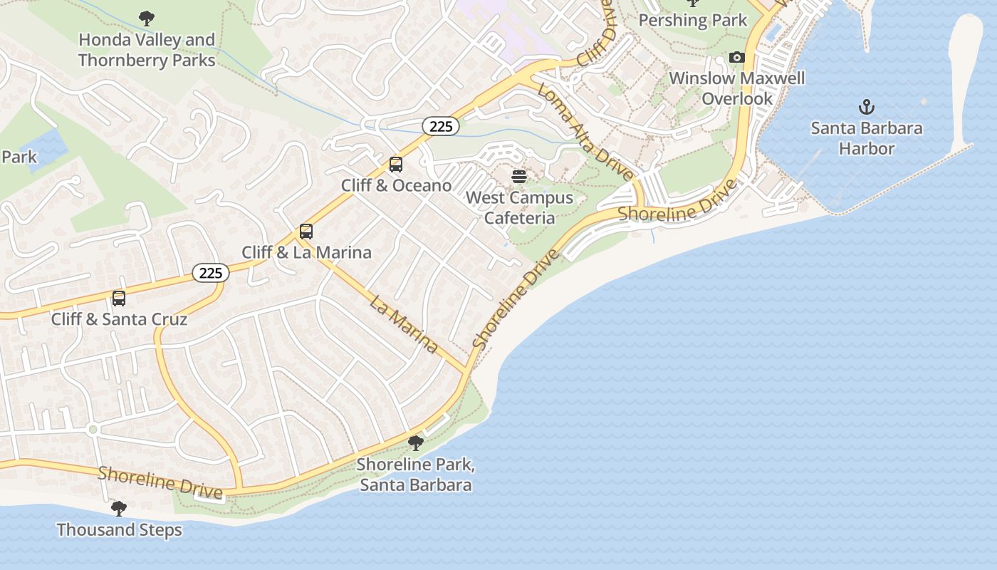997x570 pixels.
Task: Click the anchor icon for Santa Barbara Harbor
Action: tap(866, 108)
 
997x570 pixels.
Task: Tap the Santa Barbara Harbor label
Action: tap(866, 138)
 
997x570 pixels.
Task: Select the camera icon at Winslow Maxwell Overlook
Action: tap(737, 57)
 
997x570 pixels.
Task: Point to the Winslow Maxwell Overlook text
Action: tap(737, 88)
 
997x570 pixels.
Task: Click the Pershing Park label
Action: tap(692, 20)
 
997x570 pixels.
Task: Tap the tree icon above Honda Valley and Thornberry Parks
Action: tap(147, 18)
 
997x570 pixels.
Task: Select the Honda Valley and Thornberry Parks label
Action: tap(147, 50)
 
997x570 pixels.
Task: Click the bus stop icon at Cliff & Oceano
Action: tap(396, 165)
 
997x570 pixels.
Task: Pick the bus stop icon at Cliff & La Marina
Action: tap(306, 232)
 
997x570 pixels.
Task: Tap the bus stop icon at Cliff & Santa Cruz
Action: tap(119, 299)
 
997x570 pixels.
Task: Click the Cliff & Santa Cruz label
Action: tap(119, 318)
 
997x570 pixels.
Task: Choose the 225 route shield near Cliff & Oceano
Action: tap(441, 127)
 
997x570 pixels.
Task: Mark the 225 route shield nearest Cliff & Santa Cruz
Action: tap(211, 273)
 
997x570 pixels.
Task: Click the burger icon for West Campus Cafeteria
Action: tap(519, 177)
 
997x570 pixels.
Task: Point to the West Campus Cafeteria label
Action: tap(519, 207)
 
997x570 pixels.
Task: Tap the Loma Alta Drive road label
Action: tap(585, 132)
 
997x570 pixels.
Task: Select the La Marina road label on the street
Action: tap(404, 323)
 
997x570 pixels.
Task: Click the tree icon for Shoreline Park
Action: tap(415, 443)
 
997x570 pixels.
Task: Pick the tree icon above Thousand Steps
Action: tap(119, 509)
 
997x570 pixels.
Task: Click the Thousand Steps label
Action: tap(119, 530)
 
